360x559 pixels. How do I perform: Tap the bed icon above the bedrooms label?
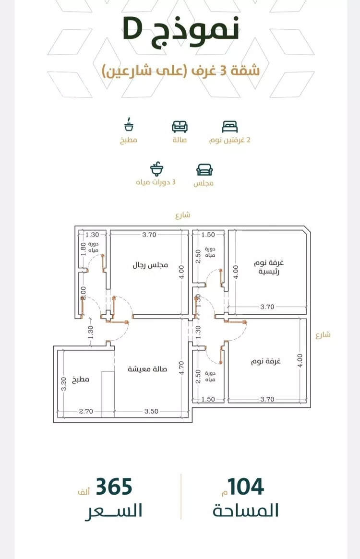tap(229, 127)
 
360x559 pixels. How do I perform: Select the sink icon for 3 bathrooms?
tap(156, 169)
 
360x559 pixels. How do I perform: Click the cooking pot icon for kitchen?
tap(129, 124)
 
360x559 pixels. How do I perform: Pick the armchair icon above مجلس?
tap(204, 170)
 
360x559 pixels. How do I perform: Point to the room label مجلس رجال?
tap(150, 266)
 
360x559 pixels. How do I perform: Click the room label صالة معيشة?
tap(147, 369)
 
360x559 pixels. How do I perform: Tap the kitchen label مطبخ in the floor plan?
tap(81, 380)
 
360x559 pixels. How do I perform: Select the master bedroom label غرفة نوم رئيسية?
tap(269, 267)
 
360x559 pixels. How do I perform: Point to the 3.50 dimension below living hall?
tap(151, 411)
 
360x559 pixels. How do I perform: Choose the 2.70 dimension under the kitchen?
tap(86, 411)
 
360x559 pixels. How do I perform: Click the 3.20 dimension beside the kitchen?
tap(64, 384)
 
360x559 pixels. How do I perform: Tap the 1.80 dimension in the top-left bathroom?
tap(84, 249)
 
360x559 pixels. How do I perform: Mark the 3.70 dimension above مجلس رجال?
tap(149, 235)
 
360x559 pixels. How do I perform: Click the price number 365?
tap(114, 487)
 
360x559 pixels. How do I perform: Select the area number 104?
tap(246, 487)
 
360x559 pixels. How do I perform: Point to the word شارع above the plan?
tap(183, 215)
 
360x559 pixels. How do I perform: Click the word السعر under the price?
tap(113, 511)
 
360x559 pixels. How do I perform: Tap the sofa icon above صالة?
tap(180, 127)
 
